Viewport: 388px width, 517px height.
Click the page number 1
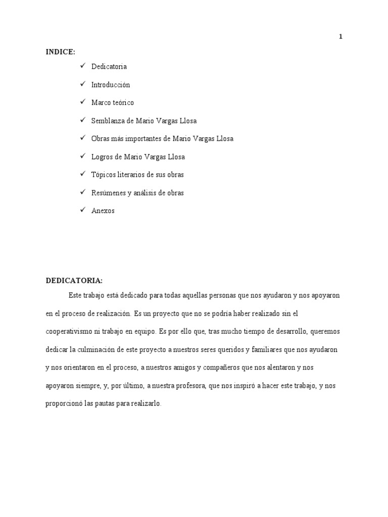click(x=341, y=36)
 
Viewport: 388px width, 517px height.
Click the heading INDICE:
click(x=60, y=52)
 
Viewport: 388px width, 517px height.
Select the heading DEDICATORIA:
click(x=74, y=280)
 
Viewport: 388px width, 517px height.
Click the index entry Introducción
click(x=111, y=85)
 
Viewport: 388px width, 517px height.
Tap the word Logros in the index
click(x=102, y=157)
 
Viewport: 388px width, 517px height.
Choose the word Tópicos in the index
click(x=103, y=175)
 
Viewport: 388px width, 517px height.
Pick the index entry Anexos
click(x=103, y=211)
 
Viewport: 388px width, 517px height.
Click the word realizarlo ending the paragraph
click(x=145, y=404)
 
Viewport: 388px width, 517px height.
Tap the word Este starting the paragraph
click(x=75, y=295)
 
